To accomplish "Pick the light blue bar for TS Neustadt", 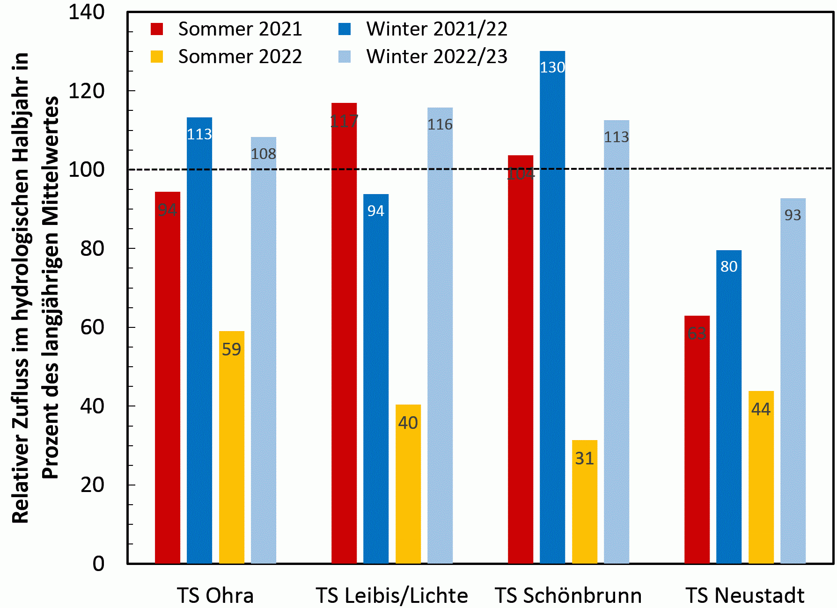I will pyautogui.click(x=793, y=381).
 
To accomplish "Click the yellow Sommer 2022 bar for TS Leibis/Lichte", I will pyautogui.click(x=408, y=484).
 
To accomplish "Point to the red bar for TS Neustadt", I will pyautogui.click(x=697, y=439).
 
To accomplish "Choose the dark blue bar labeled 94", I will pyautogui.click(x=375, y=378).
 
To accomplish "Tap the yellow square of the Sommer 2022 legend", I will pyautogui.click(x=157, y=57).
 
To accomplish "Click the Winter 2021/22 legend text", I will pyautogui.click(x=436, y=29).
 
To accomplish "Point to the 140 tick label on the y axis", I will pyautogui.click(x=87, y=12).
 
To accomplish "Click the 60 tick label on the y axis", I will pyautogui.click(x=92, y=327).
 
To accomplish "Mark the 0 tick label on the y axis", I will pyautogui.click(x=98, y=564).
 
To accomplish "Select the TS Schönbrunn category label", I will pyautogui.click(x=568, y=595).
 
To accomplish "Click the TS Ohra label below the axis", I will pyautogui.click(x=215, y=595).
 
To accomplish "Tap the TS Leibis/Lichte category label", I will pyautogui.click(x=392, y=595).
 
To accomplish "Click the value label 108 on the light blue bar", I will pyautogui.click(x=263, y=154).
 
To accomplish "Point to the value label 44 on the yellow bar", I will pyautogui.click(x=761, y=409).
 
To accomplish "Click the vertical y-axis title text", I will pyautogui.click(x=36, y=288).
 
